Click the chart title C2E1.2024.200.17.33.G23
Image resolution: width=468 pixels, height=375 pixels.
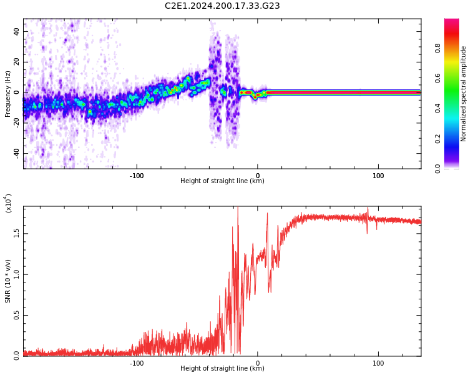(x=222, y=6)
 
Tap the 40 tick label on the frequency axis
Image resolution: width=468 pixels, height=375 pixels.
(x=17, y=31)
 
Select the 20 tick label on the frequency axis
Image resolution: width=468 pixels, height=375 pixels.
(x=17, y=62)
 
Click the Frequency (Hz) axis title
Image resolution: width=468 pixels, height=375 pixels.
(x=7, y=94)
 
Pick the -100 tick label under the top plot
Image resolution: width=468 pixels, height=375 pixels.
(x=137, y=175)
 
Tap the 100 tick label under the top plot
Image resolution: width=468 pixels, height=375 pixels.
(x=378, y=175)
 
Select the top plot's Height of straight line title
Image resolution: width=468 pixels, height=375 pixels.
(x=222, y=181)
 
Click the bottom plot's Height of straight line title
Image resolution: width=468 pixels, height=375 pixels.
(x=222, y=369)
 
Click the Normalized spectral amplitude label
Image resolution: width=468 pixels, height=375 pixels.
(x=464, y=94)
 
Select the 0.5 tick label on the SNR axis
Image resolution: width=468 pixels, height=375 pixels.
(x=17, y=314)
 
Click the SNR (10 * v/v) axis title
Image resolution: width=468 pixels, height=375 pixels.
(x=7, y=281)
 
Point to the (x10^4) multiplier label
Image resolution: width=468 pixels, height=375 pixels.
(x=9, y=203)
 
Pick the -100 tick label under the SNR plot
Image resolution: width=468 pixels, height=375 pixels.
(x=137, y=362)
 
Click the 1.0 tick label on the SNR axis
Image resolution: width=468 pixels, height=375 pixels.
(x=17, y=274)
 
